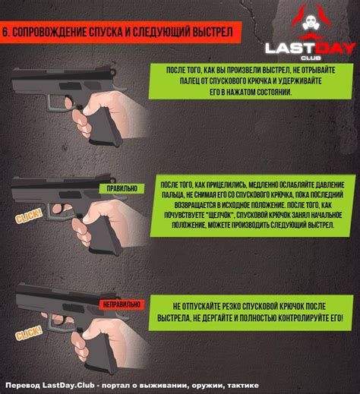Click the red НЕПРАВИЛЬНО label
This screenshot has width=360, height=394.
click(x=120, y=304)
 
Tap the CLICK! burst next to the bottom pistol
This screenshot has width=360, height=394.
click(x=29, y=333)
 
